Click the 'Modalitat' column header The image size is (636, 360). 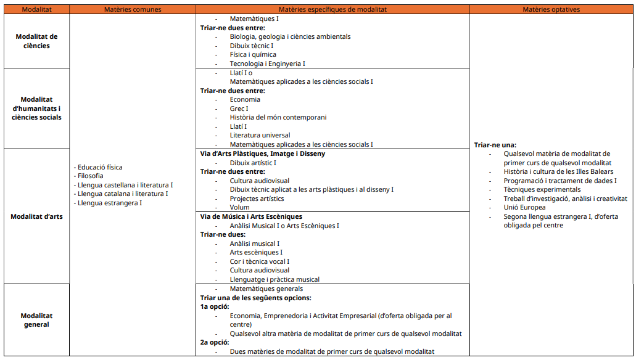point(36,9)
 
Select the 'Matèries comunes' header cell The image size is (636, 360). point(132,9)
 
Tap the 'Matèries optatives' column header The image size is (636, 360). point(551,9)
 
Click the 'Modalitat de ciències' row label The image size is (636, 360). point(36,41)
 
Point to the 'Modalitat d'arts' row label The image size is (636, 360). point(36,216)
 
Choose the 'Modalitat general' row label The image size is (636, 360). point(36,320)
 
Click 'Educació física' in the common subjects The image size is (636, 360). point(99,167)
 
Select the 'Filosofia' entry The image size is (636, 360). point(90,176)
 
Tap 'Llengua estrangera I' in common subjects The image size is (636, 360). point(109,203)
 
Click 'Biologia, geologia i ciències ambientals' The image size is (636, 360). point(290,36)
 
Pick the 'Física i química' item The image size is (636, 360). point(253,54)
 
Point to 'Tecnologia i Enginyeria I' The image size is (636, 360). point(267,63)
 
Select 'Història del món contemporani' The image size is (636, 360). point(278,117)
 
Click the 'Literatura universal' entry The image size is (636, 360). point(260,135)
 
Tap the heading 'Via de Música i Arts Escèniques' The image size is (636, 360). point(251,216)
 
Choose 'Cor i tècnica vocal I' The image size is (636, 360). point(259,261)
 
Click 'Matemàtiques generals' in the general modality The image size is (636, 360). point(266,288)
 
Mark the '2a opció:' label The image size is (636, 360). point(215,342)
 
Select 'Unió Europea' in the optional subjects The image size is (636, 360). point(524,208)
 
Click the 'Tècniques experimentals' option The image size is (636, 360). point(542,190)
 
